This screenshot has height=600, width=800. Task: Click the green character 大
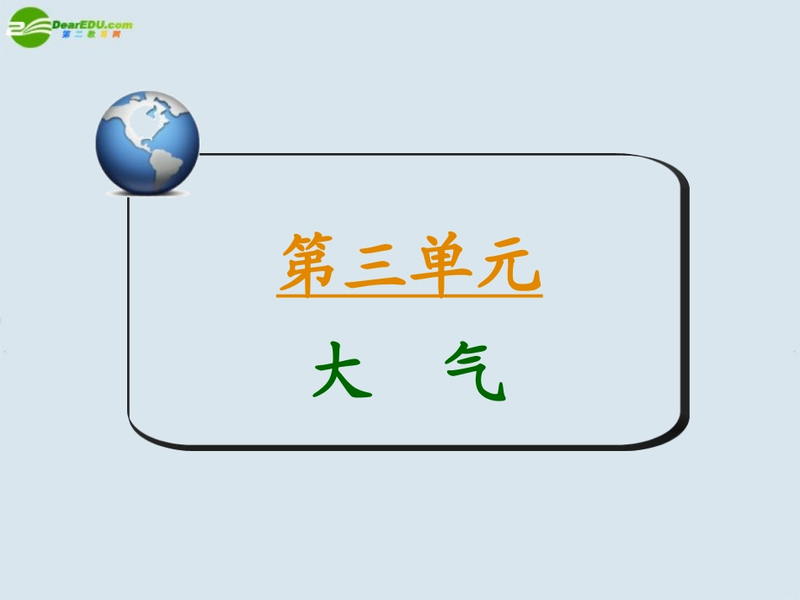pos(342,370)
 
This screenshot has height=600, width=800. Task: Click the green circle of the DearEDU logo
pos(29,27)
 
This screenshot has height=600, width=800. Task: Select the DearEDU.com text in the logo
pos(93,24)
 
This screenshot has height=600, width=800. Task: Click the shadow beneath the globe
pos(148,194)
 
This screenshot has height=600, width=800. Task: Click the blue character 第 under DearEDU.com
pos(67,35)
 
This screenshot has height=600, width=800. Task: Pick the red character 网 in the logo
pos(115,35)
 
